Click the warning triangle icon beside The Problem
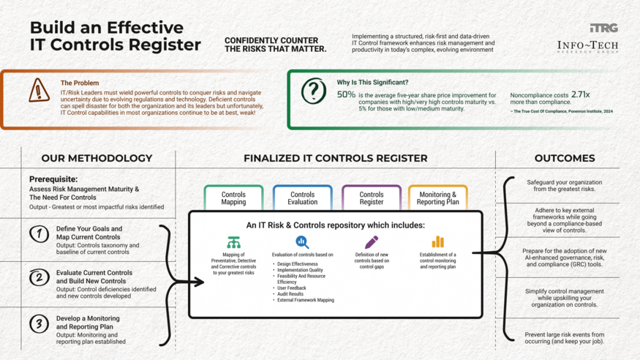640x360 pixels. click(x=39, y=91)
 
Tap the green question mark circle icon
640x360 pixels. click(x=314, y=91)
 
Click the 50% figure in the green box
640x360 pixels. click(x=346, y=95)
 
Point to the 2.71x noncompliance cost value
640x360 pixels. click(x=580, y=94)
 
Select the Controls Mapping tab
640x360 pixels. click(x=233, y=198)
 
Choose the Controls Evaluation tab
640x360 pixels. click(x=302, y=198)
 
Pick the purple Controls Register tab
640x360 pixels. click(x=372, y=198)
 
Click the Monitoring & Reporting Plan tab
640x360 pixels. click(x=437, y=198)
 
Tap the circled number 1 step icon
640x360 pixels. click(x=39, y=234)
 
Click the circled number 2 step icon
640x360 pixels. click(x=39, y=278)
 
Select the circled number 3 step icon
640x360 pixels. click(x=39, y=323)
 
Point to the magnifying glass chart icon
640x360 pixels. click(x=302, y=242)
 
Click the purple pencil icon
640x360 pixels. click(x=372, y=241)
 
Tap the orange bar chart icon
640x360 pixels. click(x=437, y=241)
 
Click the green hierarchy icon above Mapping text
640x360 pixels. click(x=233, y=242)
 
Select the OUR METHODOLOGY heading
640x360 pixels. click(x=97, y=158)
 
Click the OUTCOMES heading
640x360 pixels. click(x=564, y=158)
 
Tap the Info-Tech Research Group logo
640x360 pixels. click(x=587, y=47)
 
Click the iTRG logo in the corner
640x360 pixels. click(x=603, y=28)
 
